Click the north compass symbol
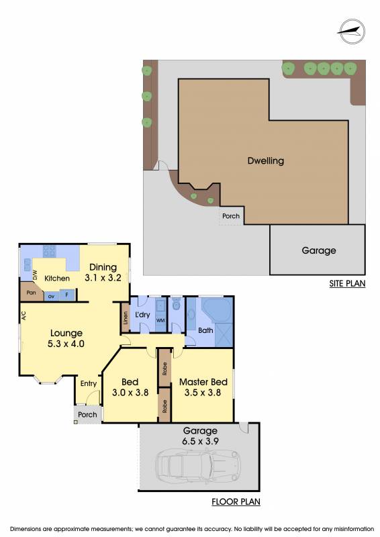tap(350, 32)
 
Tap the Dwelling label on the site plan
tap(266, 160)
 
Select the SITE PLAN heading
tap(347, 283)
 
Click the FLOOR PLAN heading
tap(236, 501)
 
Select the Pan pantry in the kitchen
tap(31, 293)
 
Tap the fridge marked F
tap(67, 295)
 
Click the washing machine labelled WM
tap(160, 321)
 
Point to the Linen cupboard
tap(126, 318)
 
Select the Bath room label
tap(205, 330)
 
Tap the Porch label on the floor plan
tap(87, 415)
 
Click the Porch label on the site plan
tap(231, 216)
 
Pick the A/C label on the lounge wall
tap(23, 315)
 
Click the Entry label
tap(89, 383)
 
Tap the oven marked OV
tap(52, 296)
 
